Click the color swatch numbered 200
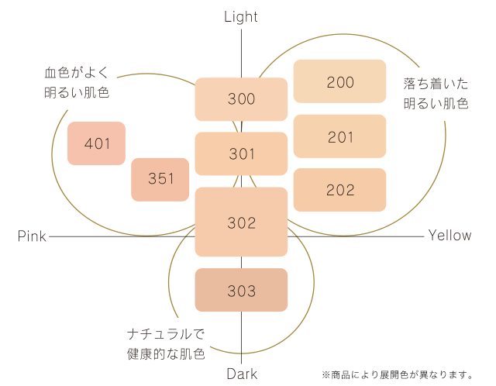coord(339,81)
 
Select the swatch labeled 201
coord(339,136)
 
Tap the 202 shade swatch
coord(339,190)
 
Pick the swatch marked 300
coord(241,99)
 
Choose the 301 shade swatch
coord(241,153)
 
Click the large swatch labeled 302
coord(241,222)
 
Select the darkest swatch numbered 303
coord(241,290)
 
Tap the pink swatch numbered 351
coord(160,180)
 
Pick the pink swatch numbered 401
coord(96,143)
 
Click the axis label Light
coord(241,17)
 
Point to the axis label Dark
coord(242,374)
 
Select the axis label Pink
coord(32,236)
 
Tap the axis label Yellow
coord(449,236)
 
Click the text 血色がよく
coord(77,72)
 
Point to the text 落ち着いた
coord(436,84)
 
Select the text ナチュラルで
coord(166,334)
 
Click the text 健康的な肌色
coord(166,354)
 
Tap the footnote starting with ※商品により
coord(398,375)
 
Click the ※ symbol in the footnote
coord(326,375)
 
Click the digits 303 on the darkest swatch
coord(241,291)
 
